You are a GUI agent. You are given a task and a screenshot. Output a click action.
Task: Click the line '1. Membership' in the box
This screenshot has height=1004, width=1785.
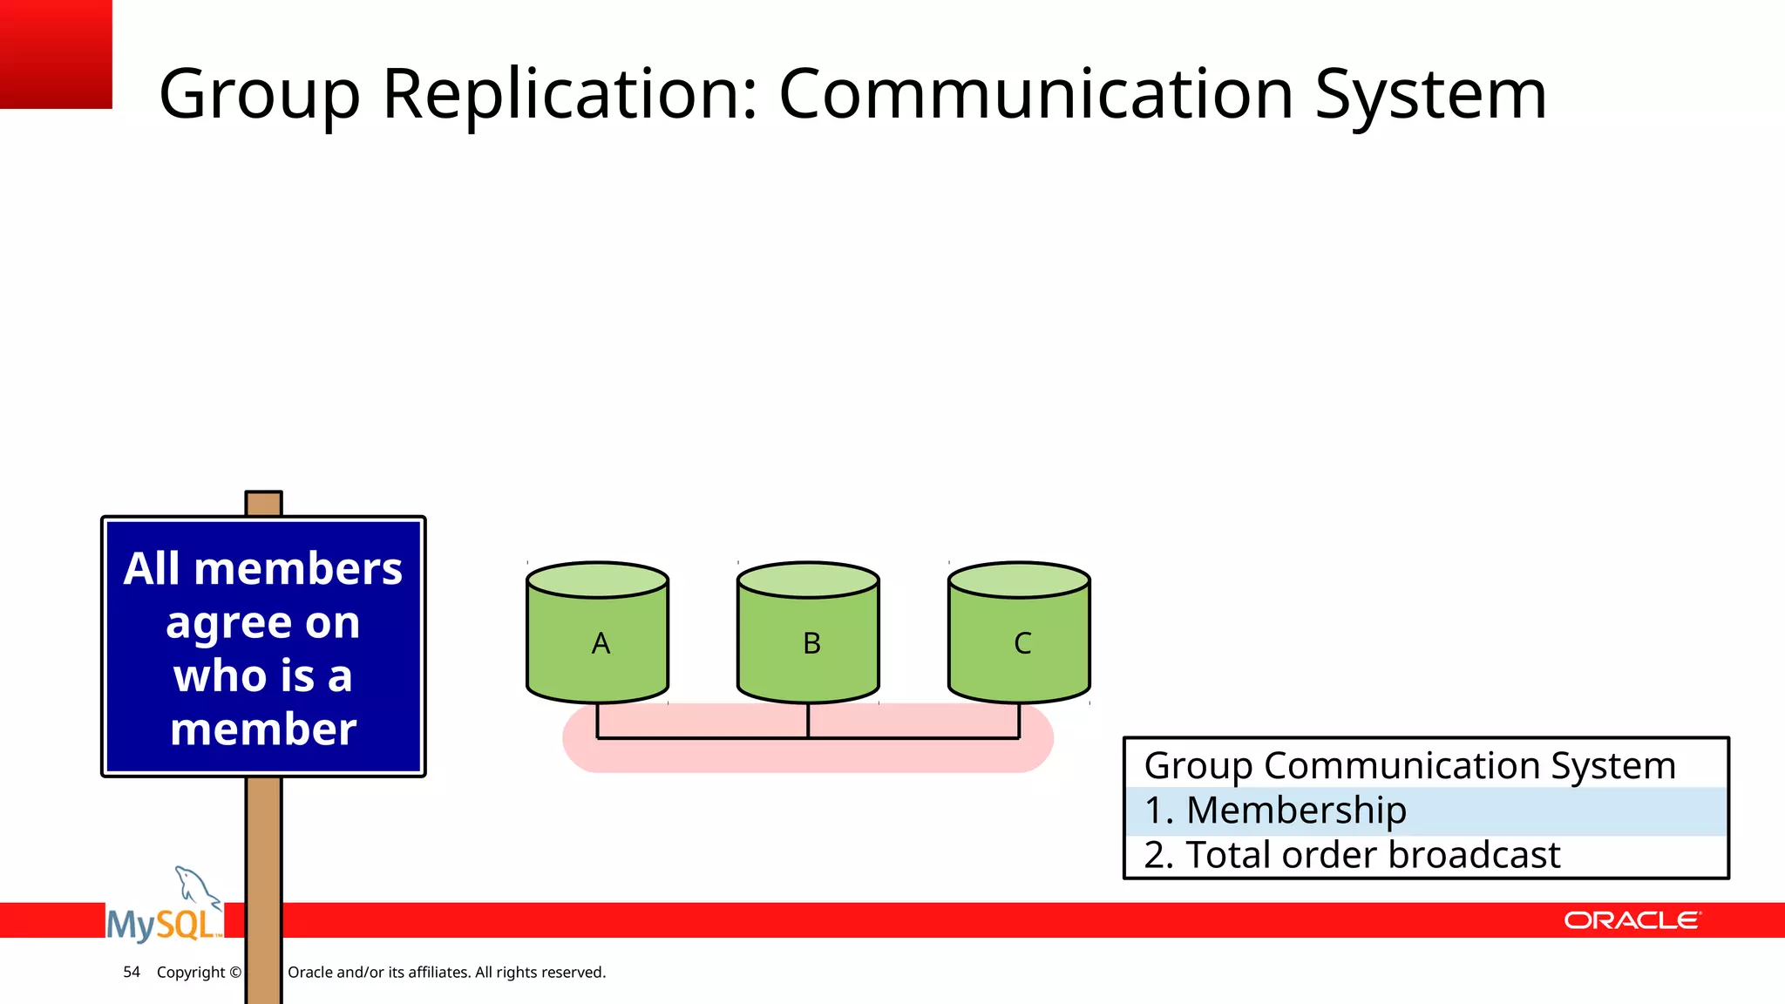point(1275,811)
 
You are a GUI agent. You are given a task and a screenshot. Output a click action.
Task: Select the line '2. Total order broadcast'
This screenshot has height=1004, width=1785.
point(1352,855)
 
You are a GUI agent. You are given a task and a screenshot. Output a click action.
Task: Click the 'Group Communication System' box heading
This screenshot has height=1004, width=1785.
point(1409,766)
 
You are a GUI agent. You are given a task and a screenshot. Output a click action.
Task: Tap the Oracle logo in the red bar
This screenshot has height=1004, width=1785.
point(1632,920)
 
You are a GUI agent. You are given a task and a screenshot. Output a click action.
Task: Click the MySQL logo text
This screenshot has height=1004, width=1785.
point(162,924)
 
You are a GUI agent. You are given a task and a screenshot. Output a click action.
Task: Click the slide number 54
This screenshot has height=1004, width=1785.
point(132,972)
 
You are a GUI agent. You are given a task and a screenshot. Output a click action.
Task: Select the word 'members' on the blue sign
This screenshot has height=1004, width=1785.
point(298,569)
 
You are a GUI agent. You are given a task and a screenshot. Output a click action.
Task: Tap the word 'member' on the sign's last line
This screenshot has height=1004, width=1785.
point(263,729)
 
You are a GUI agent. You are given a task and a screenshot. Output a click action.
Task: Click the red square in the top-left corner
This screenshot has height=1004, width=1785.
point(56,54)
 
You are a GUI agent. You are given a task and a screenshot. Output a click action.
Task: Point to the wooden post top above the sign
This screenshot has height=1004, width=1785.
point(263,504)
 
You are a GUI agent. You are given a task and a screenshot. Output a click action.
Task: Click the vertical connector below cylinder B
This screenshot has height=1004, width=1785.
point(808,720)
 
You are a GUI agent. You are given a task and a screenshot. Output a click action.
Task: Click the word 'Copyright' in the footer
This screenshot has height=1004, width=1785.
point(191,972)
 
